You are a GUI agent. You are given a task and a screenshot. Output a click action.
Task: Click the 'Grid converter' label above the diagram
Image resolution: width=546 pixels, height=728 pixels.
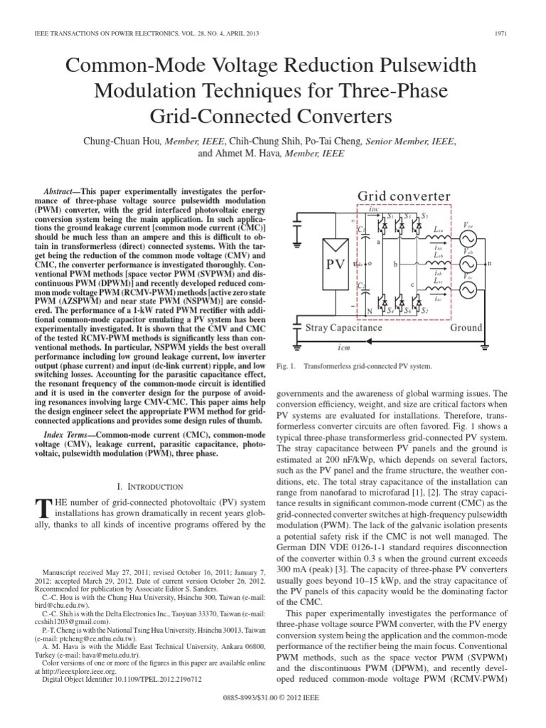[x=403, y=196]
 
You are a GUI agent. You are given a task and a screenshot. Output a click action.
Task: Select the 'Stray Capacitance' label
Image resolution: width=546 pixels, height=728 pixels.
[x=343, y=328]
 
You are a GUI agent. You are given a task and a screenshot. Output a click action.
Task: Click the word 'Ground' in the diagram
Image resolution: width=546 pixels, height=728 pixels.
[x=466, y=328]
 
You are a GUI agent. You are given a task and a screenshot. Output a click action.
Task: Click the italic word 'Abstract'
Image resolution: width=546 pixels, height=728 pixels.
[x=60, y=193]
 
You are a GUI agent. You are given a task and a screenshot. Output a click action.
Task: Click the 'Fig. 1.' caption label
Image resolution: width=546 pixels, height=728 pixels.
[x=284, y=366]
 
